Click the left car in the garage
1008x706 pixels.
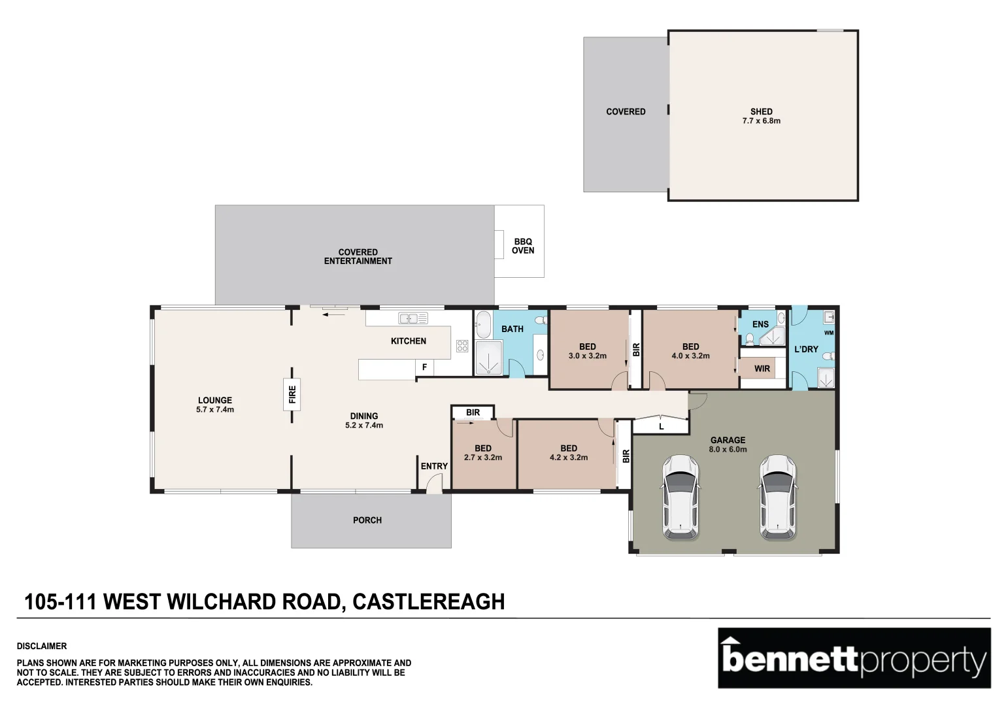680,497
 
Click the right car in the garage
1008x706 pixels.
777,497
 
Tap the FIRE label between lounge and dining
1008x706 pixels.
292,394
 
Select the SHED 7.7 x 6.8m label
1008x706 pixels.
761,116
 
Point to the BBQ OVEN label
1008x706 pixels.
523,246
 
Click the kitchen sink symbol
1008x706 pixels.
413,318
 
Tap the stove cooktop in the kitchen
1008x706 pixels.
462,346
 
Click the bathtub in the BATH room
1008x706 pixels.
483,324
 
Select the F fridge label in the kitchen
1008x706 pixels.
424,367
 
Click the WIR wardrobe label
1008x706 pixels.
762,369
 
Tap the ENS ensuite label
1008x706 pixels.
760,324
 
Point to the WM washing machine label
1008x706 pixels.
829,333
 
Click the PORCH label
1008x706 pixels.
367,520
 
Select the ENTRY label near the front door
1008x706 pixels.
434,466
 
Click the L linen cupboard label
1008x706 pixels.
662,426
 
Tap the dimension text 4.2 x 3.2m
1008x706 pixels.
569,458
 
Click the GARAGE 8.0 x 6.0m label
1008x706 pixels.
728,445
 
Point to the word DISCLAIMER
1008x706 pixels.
42,646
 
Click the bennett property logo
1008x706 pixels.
854,658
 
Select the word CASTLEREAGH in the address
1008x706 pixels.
428,601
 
